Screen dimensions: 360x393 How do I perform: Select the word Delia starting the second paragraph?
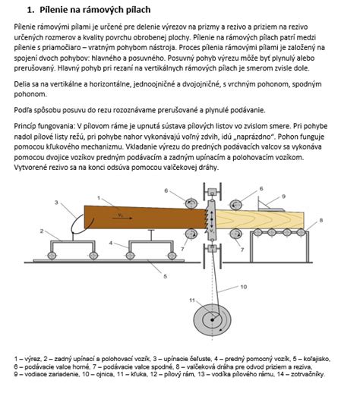click(21, 84)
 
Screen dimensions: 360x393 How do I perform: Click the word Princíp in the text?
click(25, 126)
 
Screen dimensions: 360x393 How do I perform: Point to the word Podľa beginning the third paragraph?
click(22, 110)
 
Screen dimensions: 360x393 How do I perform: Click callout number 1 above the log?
click(99, 198)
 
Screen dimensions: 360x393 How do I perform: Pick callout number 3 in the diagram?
click(56, 203)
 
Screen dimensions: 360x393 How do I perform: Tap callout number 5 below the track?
click(166, 276)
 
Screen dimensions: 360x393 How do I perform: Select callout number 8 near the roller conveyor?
click(321, 221)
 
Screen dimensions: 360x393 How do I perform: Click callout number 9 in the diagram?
click(283, 196)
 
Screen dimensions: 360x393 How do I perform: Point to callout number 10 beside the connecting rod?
click(243, 287)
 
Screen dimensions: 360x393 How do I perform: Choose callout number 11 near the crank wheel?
click(192, 300)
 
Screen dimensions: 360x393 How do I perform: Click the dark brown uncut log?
click(144, 218)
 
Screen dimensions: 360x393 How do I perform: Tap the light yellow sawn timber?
click(260, 219)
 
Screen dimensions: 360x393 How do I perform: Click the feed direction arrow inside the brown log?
click(122, 218)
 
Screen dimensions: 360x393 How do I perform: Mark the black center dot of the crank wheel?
click(212, 320)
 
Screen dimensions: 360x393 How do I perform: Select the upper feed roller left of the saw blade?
click(191, 203)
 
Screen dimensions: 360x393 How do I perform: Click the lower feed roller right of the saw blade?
click(235, 234)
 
